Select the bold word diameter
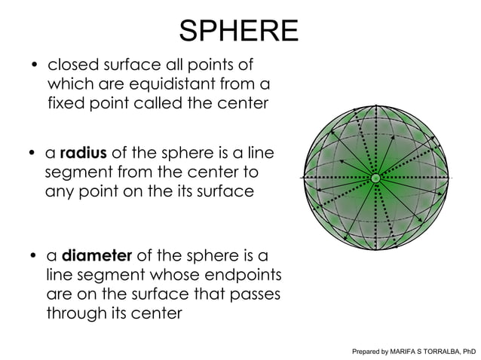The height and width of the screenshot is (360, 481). pos(97,255)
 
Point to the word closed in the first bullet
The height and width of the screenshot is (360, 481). pos(72,64)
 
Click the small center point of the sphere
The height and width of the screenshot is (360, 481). pos(375,178)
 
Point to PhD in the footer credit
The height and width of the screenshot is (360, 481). pos(469,351)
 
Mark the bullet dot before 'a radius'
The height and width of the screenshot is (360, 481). pos(33,156)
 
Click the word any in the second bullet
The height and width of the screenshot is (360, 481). pos(60,192)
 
